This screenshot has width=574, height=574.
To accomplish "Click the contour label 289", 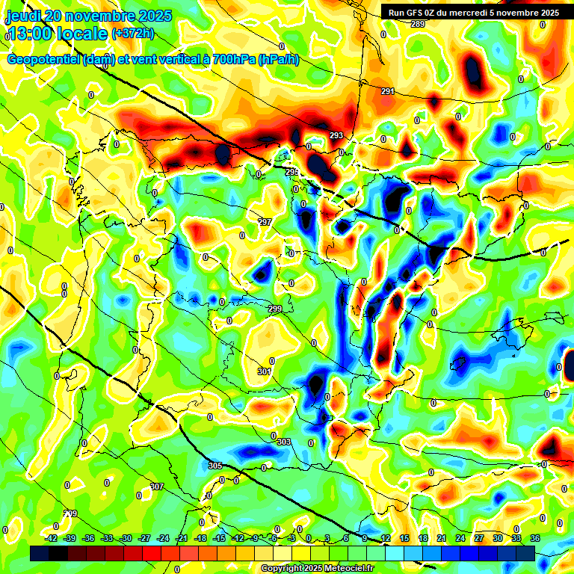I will click(x=418, y=25).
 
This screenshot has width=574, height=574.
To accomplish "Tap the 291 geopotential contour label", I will click(x=387, y=92).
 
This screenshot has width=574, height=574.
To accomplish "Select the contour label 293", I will click(x=336, y=135).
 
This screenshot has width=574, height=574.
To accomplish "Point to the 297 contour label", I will click(x=265, y=223).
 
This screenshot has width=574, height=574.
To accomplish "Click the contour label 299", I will click(x=275, y=309).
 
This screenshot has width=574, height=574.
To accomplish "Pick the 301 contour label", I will click(x=264, y=371).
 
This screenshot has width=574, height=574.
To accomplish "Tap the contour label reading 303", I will click(x=283, y=442).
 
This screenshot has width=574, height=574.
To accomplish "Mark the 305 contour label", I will click(x=215, y=466).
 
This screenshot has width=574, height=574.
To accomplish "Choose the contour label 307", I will click(x=156, y=487).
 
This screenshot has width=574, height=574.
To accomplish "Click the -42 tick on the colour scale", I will click(x=52, y=538).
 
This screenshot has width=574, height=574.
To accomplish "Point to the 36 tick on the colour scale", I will click(x=535, y=538).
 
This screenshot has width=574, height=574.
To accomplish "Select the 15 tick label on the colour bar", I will click(x=404, y=538).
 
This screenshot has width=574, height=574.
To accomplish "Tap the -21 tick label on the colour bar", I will click(x=182, y=538).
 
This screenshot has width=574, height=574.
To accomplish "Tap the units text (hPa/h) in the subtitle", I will click(x=279, y=59).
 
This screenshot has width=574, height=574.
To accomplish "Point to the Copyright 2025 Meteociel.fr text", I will click(x=316, y=568).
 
